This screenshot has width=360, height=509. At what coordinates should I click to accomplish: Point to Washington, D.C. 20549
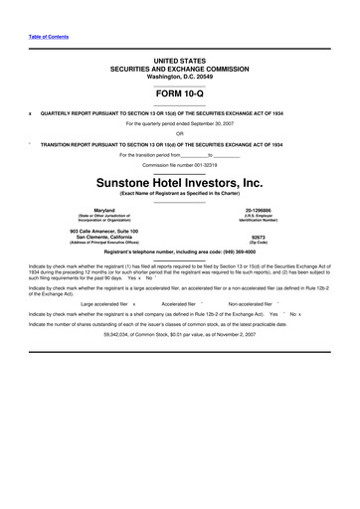click(180, 76)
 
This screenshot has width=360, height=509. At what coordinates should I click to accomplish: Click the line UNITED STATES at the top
click(180, 61)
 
